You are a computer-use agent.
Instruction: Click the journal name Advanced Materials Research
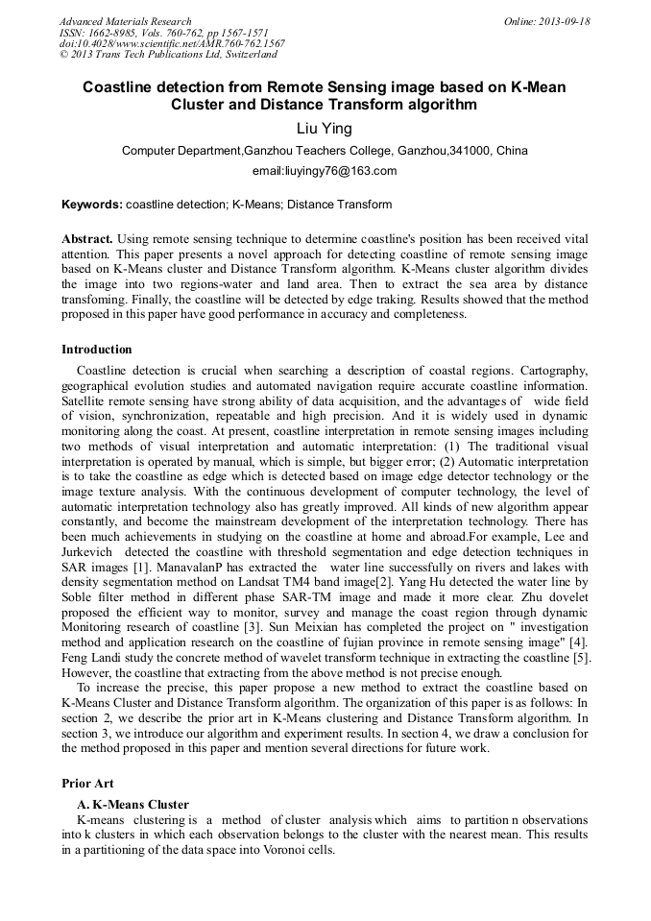click(125, 21)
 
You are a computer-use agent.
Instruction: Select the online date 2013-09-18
click(565, 21)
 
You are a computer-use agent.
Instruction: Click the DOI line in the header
click(172, 44)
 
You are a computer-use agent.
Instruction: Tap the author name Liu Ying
click(325, 129)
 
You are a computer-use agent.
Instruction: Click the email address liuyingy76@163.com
click(325, 171)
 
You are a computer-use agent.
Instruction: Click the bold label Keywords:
click(91, 205)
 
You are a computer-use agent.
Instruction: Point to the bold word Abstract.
click(87, 238)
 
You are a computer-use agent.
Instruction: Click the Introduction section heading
click(97, 350)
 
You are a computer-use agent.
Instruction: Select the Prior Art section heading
click(87, 784)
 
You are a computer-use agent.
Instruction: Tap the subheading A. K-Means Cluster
click(133, 804)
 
